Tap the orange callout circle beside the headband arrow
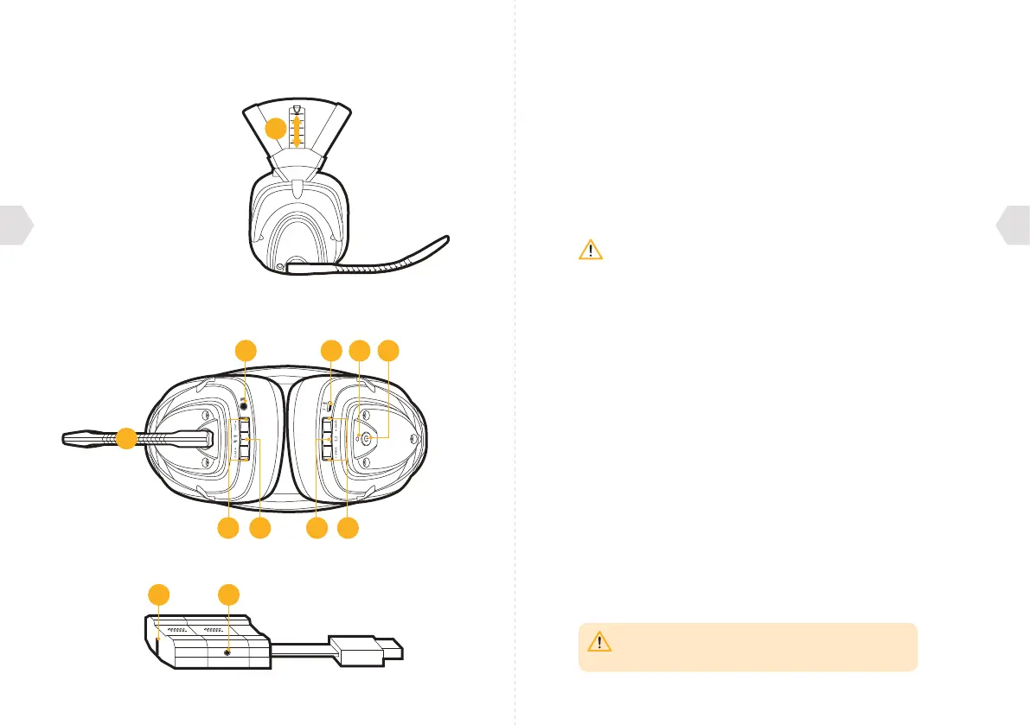274,130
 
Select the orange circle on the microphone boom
126,438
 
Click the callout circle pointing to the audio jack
246,350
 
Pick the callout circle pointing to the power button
390,350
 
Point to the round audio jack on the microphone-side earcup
246,402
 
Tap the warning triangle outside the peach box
590,251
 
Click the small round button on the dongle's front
228,653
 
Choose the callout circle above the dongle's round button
228,595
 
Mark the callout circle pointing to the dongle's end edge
157,595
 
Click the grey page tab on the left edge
16,226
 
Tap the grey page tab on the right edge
1014,226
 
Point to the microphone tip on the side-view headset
445,238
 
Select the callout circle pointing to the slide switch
330,350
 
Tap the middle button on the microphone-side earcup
246,439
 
